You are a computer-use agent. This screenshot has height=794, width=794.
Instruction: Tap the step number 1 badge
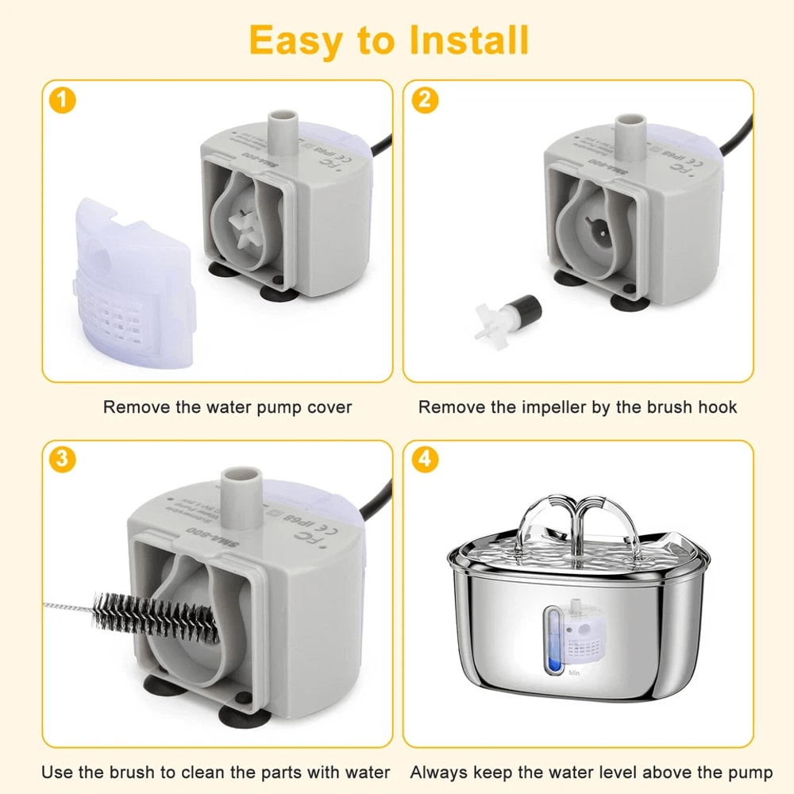[63, 101]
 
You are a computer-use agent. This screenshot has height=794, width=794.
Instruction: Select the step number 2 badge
[425, 101]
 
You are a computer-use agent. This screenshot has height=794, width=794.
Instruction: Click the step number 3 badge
[63, 460]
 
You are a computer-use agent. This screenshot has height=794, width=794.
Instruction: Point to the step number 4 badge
[425, 460]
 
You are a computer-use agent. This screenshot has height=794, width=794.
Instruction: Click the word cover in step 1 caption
[328, 407]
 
